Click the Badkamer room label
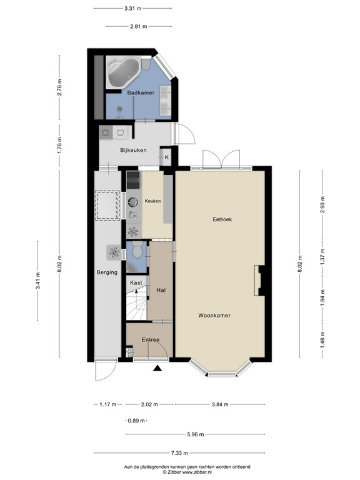(141, 93)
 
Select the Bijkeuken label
(133, 150)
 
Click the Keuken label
(152, 201)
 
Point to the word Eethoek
(222, 219)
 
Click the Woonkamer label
(214, 316)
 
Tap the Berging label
(107, 272)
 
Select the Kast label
(136, 283)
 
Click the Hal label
(161, 291)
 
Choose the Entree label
(150, 340)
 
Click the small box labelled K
(167, 157)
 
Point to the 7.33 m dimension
(179, 453)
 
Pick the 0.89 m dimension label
(136, 420)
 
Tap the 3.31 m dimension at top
(132, 9)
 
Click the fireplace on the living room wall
(258, 281)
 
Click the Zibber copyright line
(179, 472)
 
